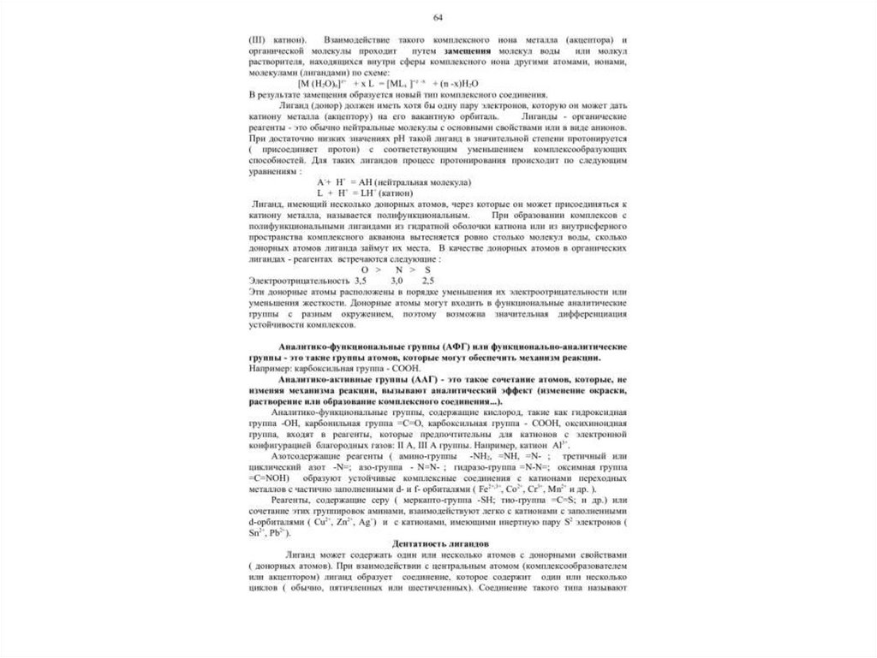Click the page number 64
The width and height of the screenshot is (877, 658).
pyautogui.click(x=438, y=18)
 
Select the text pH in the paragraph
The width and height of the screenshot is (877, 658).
pyautogui.click(x=397, y=139)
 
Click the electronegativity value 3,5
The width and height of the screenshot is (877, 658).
pyautogui.click(x=360, y=281)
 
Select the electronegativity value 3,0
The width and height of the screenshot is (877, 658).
pyautogui.click(x=397, y=281)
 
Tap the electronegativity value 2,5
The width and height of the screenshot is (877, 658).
pyautogui.click(x=428, y=281)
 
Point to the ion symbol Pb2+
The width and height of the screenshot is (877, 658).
pyautogui.click(x=279, y=533)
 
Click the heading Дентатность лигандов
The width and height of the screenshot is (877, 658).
pyautogui.click(x=438, y=544)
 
